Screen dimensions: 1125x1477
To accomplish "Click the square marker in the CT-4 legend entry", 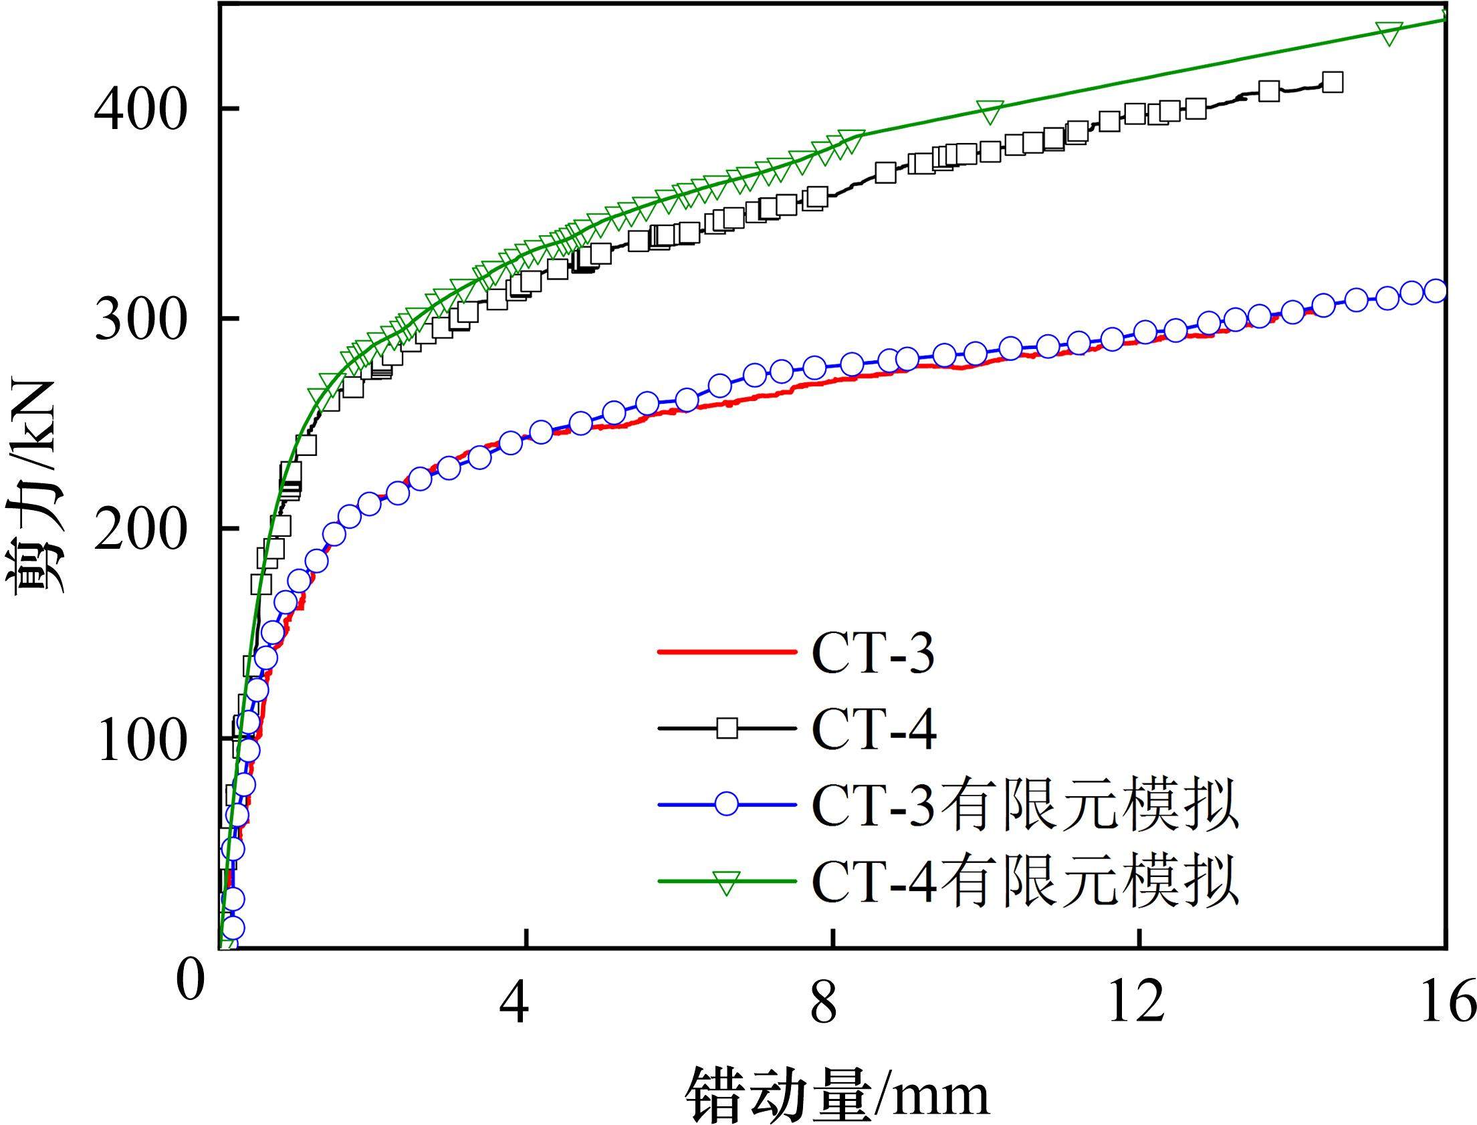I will pos(727,727).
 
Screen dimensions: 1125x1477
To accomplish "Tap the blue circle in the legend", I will pos(727,803).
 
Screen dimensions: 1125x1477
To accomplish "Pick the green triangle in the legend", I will pos(727,882).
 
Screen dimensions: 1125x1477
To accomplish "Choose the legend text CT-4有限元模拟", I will pos(1025,880).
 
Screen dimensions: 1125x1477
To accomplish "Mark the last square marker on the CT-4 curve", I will pos(1333,82).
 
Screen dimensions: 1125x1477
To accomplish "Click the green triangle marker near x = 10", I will pos(990,112).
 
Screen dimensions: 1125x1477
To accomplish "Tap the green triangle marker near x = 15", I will pos(1389,33).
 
